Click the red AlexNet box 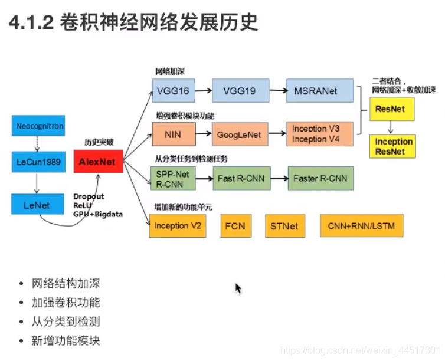click(x=98, y=161)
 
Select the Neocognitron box click(x=40, y=126)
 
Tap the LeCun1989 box click(x=38, y=162)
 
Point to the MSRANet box click(x=320, y=91)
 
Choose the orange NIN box click(x=172, y=134)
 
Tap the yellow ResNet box click(x=391, y=109)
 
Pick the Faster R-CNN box click(x=320, y=178)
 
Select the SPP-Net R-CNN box click(x=172, y=178)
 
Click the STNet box click(x=284, y=226)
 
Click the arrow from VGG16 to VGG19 click(x=204, y=91)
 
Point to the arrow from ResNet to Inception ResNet click(x=391, y=127)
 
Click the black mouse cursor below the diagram click(x=238, y=288)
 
